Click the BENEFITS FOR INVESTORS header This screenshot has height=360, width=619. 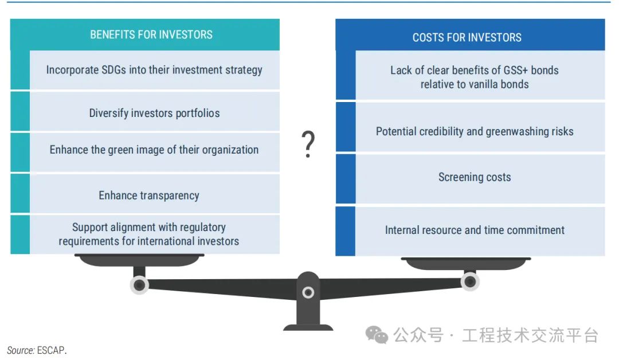[151, 35]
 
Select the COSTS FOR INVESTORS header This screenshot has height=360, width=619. [467, 37]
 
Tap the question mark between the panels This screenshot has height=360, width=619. [308, 144]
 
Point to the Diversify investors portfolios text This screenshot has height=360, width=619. [154, 114]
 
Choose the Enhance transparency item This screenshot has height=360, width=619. [149, 195]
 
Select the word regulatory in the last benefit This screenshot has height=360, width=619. [203, 228]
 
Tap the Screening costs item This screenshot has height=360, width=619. [475, 177]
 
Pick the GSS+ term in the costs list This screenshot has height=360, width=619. [516, 71]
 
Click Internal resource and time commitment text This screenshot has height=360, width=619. [475, 230]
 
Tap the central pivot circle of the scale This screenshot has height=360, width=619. [308, 292]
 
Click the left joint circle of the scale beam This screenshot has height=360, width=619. [139, 285]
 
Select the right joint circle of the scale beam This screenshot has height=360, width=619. [470, 282]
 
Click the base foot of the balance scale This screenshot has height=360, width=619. [308, 327]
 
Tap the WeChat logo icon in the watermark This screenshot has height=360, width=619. [377, 335]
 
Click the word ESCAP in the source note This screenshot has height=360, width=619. [51, 350]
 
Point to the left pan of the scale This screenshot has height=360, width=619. [139, 260]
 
